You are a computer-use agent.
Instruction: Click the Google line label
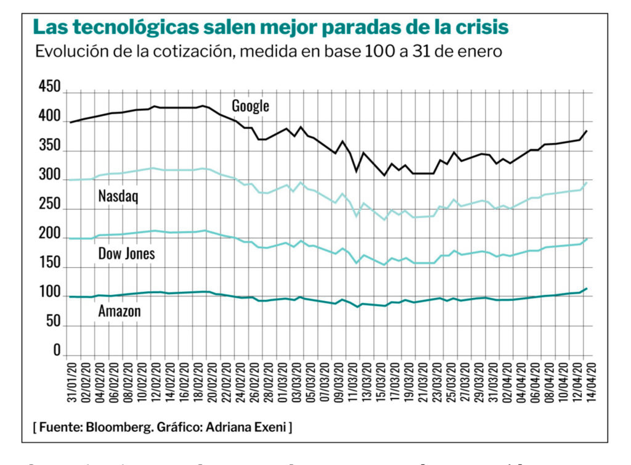coord(250,106)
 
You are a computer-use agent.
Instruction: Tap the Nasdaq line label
coord(118,197)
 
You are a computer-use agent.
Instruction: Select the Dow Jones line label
coord(126,253)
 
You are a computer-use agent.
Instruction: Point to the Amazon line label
coord(120,311)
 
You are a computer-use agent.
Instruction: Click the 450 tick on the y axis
coord(49,88)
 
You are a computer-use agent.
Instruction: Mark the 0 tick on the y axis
coord(57,350)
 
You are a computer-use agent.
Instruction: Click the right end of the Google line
coord(587,131)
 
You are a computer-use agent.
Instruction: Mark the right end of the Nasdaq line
coord(587,183)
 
